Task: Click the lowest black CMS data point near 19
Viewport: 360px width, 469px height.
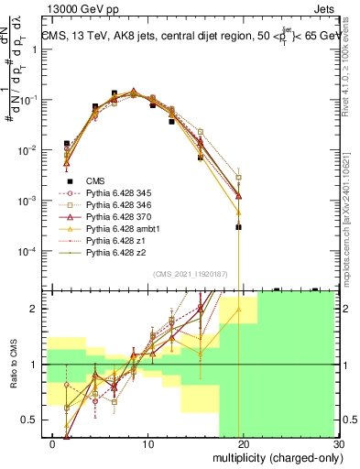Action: click(238, 226)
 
